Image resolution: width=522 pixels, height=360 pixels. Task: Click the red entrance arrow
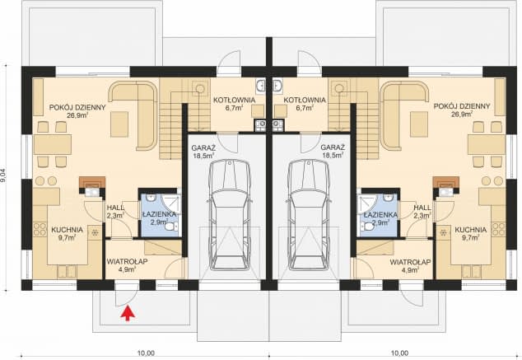coord(127,314)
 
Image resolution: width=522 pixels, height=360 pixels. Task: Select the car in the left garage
coord(230,214)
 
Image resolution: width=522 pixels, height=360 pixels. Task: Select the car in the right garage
coord(309,214)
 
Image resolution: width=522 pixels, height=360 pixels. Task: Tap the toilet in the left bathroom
coord(171,227)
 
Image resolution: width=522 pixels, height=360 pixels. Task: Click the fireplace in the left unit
coord(92,182)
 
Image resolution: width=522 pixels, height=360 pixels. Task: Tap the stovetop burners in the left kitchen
coord(40,230)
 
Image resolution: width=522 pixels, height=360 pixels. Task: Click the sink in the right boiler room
coord(277,85)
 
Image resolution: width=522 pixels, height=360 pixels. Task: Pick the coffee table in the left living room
coord(119,124)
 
